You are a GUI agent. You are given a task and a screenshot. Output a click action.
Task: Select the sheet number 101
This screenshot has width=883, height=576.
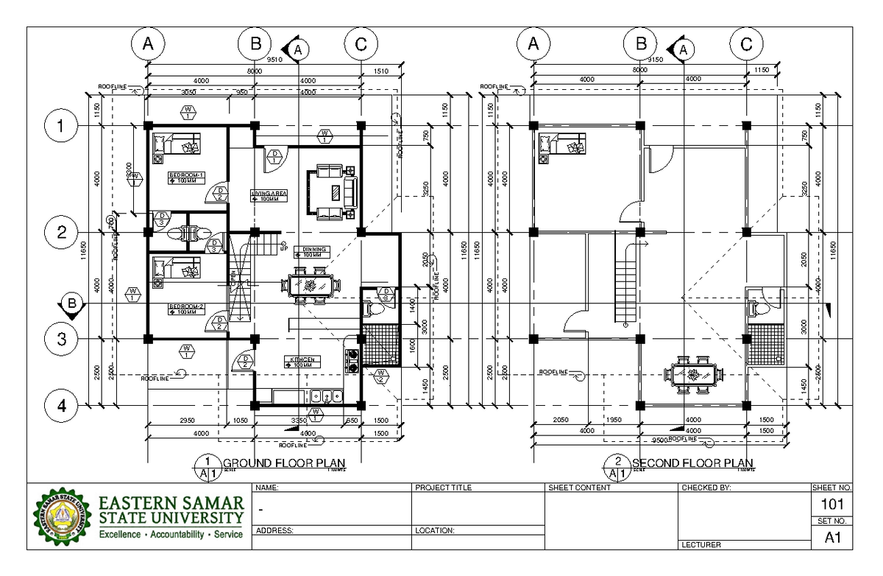coord(832,505)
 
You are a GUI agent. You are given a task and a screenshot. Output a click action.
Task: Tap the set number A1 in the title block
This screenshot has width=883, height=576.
coord(832,538)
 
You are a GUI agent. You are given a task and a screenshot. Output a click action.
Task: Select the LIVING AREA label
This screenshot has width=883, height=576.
coord(269,194)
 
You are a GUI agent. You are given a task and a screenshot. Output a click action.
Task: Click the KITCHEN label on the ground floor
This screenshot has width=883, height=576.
coord(302,359)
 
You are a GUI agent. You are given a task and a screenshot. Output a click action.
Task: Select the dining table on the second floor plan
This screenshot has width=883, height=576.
coord(692,374)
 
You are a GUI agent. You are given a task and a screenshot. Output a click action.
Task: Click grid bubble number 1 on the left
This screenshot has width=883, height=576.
coord(58,126)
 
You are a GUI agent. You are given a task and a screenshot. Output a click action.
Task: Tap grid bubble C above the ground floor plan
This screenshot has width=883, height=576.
coord(361,44)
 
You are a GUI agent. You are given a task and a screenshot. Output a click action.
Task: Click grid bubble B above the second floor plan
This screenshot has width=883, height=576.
coord(640,44)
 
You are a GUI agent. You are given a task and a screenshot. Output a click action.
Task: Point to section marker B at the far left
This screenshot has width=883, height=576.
coord(71,303)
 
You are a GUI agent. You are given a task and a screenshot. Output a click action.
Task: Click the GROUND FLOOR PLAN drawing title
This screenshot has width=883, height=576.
coord(280,463)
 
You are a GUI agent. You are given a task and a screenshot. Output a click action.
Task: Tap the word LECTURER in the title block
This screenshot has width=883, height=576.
coord(701,545)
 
